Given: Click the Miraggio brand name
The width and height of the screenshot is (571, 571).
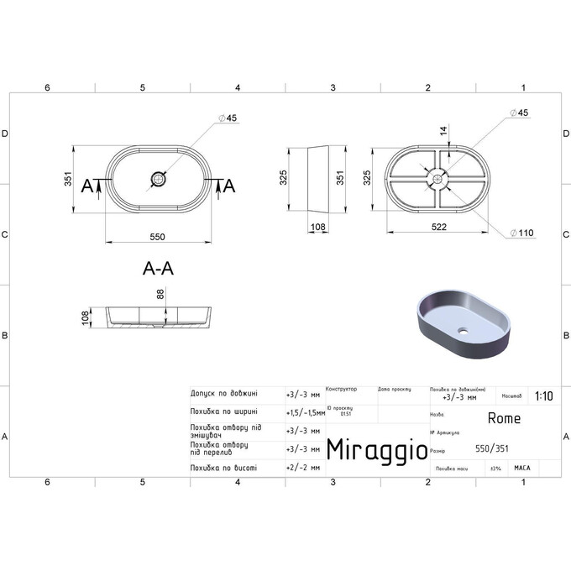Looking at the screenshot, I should [375, 448].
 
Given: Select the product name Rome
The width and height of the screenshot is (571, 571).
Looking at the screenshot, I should [504, 418].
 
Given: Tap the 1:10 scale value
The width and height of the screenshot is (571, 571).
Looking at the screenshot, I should [542, 395].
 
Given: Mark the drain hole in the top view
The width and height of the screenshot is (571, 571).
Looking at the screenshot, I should [159, 178].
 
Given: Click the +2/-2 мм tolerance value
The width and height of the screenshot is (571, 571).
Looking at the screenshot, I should [303, 468].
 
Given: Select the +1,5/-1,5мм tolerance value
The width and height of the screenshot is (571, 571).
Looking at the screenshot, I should [305, 412].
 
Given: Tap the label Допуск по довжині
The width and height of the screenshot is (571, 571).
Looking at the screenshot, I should [224, 393].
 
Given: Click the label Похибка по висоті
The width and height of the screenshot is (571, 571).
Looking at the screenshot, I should [224, 468].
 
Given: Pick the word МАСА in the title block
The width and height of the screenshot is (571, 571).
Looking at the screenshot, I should [522, 468].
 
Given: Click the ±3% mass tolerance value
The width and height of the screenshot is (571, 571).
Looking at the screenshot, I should [495, 468].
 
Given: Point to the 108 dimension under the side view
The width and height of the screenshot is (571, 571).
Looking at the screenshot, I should [318, 227].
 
